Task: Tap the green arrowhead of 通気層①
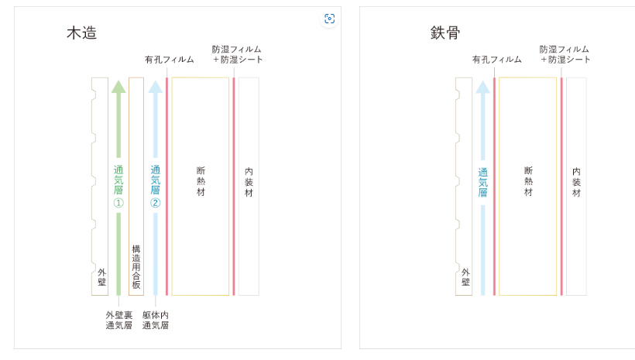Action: pyautogui.click(x=118, y=86)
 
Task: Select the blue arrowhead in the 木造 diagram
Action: pyautogui.click(x=156, y=86)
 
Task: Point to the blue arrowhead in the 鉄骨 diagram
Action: pyautogui.click(x=483, y=86)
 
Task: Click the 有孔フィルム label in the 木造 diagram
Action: pyautogui.click(x=170, y=60)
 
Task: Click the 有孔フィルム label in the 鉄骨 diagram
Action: pyautogui.click(x=497, y=60)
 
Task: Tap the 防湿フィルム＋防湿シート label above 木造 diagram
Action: pyautogui.click(x=238, y=54)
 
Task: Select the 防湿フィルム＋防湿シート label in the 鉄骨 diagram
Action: pyautogui.click(x=565, y=54)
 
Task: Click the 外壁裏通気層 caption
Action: pyautogui.click(x=118, y=321)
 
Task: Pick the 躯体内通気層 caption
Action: pyautogui.click(x=156, y=321)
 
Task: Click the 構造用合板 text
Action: pyautogui.click(x=136, y=268)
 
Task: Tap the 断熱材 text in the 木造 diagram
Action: pyautogui.click(x=201, y=181)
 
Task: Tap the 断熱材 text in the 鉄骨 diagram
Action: pyautogui.click(x=528, y=181)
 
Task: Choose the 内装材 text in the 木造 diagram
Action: pyautogui.click(x=249, y=182)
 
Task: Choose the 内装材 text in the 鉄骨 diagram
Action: pyautogui.click(x=576, y=182)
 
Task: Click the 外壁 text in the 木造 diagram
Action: pyautogui.click(x=101, y=277)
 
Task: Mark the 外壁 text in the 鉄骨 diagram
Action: pyautogui.click(x=465, y=277)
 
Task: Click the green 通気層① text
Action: pyautogui.click(x=118, y=187)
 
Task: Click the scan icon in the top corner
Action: pyautogui.click(x=329, y=19)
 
